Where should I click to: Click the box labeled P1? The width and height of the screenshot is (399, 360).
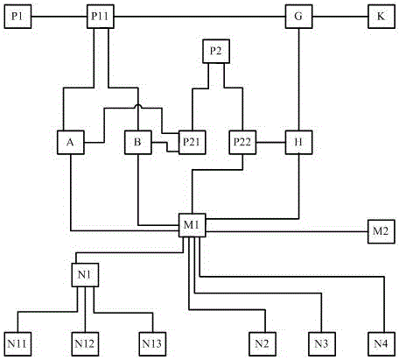point(17,17)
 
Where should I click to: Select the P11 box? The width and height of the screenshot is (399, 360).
point(101,17)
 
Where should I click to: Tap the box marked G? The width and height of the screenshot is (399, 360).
point(298,17)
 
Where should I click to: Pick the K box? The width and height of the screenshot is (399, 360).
point(381,17)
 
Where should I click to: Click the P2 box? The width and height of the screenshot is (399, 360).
point(216,52)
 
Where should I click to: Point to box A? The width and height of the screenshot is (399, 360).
point(71,142)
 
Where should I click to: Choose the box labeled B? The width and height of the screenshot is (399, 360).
point(138,142)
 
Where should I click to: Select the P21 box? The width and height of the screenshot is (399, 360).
point(192,142)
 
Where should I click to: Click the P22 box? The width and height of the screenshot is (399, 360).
point(242,142)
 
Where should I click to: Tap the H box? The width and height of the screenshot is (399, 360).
point(298,142)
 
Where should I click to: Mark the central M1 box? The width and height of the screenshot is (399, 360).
point(192,225)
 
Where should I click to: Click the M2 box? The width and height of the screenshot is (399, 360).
point(381,231)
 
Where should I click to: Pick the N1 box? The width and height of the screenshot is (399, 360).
point(85,275)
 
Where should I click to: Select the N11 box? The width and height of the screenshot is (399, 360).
point(17,344)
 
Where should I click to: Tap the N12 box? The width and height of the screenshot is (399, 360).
point(85,344)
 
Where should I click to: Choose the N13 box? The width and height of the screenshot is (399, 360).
point(152,344)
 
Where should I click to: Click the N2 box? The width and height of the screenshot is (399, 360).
point(262,344)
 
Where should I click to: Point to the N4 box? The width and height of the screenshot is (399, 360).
point(381,344)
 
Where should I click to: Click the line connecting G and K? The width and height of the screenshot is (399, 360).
point(340,17)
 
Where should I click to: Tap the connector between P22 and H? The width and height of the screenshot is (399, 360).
point(270,143)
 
